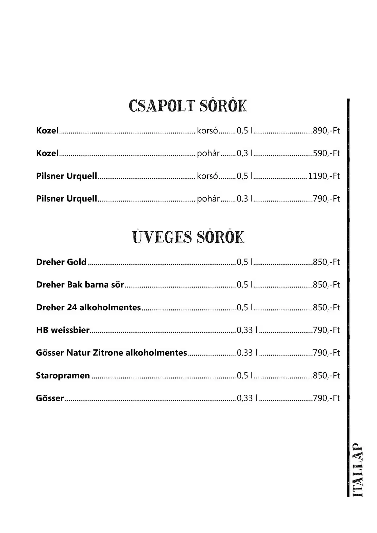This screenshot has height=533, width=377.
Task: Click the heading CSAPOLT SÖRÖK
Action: tap(188, 106)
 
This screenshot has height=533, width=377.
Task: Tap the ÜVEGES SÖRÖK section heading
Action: tap(188, 237)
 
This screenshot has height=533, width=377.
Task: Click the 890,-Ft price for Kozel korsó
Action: tap(326, 131)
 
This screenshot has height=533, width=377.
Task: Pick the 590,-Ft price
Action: tap(326, 153)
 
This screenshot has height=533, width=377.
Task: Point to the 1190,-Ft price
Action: tap(324, 176)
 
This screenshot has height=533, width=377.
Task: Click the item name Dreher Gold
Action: tap(61, 262)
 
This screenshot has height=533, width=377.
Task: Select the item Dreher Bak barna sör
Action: tap(80, 285)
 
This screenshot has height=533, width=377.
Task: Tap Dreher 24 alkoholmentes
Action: tap(88, 307)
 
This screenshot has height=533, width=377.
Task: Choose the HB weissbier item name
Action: tap(63, 330)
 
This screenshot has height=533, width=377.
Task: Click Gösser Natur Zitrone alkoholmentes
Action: tap(111, 353)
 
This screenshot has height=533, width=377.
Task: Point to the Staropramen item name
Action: tap(63, 375)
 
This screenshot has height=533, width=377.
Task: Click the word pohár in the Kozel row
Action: tap(208, 153)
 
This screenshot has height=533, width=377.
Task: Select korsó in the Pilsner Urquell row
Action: tap(208, 176)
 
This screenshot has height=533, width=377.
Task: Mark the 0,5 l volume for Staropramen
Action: tap(245, 375)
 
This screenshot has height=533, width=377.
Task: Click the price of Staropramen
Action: tap(326, 375)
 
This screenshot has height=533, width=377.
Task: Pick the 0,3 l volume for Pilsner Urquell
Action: tap(245, 199)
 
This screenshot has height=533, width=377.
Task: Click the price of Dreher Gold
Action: tap(326, 262)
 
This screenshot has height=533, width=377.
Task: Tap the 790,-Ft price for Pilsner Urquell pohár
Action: tap(326, 199)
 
